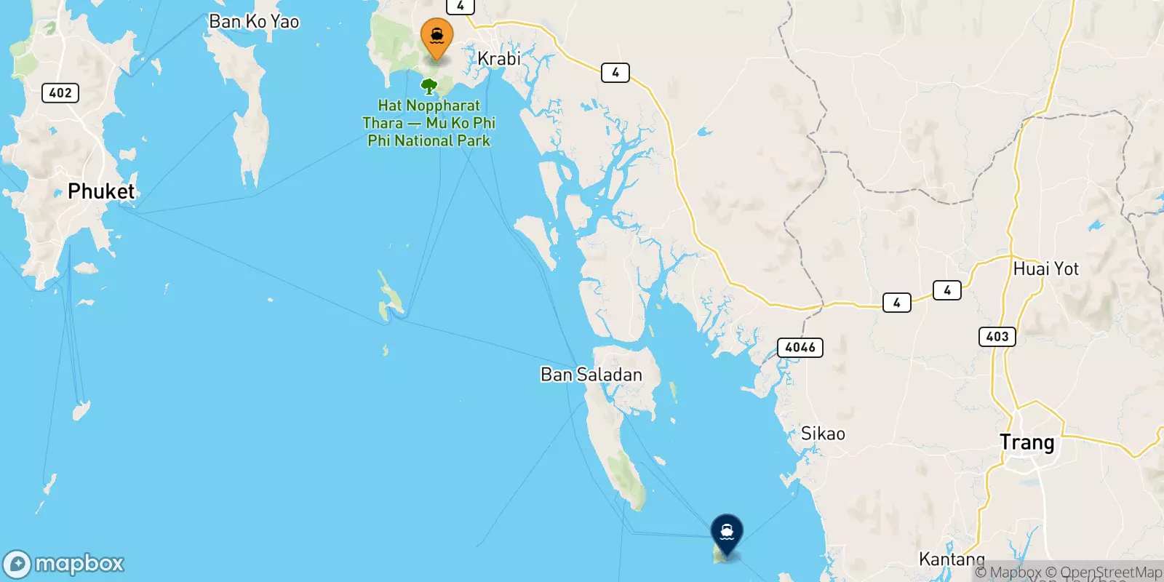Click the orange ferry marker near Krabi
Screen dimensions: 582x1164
(x=436, y=36)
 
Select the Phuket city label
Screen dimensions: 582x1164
(x=101, y=191)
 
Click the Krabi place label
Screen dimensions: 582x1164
(x=498, y=58)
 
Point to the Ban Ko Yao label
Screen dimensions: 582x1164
(x=254, y=22)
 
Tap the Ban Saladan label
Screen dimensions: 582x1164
(x=591, y=375)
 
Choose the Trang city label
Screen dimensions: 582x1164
(x=1027, y=442)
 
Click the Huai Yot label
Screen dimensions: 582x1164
(x=1045, y=269)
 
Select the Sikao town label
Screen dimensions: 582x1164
(x=822, y=434)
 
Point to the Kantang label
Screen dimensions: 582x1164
(x=951, y=559)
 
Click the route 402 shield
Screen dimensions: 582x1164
(x=60, y=92)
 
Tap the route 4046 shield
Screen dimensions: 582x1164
(x=800, y=348)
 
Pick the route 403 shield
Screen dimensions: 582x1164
(x=997, y=336)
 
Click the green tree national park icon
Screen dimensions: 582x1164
(x=429, y=87)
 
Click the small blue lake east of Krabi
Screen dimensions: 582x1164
(x=703, y=132)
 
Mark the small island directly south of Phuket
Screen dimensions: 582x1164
(x=81, y=411)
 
